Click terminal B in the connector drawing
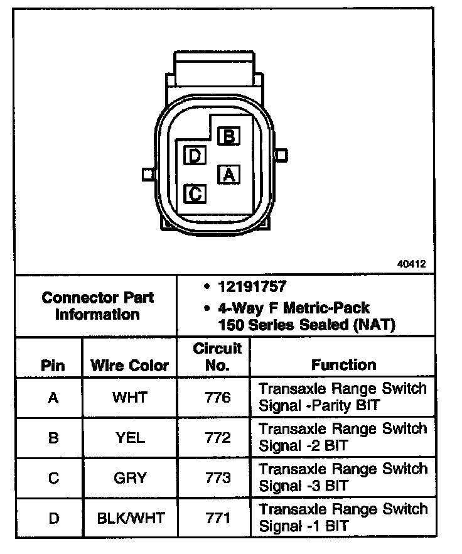tap(229, 136)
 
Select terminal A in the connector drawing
tap(228, 174)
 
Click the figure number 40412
tap(411, 264)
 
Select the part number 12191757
tap(252, 286)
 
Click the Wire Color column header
tap(130, 366)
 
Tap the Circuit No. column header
tap(217, 357)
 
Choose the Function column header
tap(343, 364)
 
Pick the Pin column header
tap(53, 366)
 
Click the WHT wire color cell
tap(130, 398)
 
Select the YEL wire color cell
tap(130, 438)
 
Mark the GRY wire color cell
tap(130, 478)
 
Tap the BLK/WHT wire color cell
tap(130, 518)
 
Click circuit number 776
tap(217, 398)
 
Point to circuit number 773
tap(217, 478)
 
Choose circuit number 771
tap(217, 518)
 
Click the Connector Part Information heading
tap(97, 305)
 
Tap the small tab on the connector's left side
tap(148, 173)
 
